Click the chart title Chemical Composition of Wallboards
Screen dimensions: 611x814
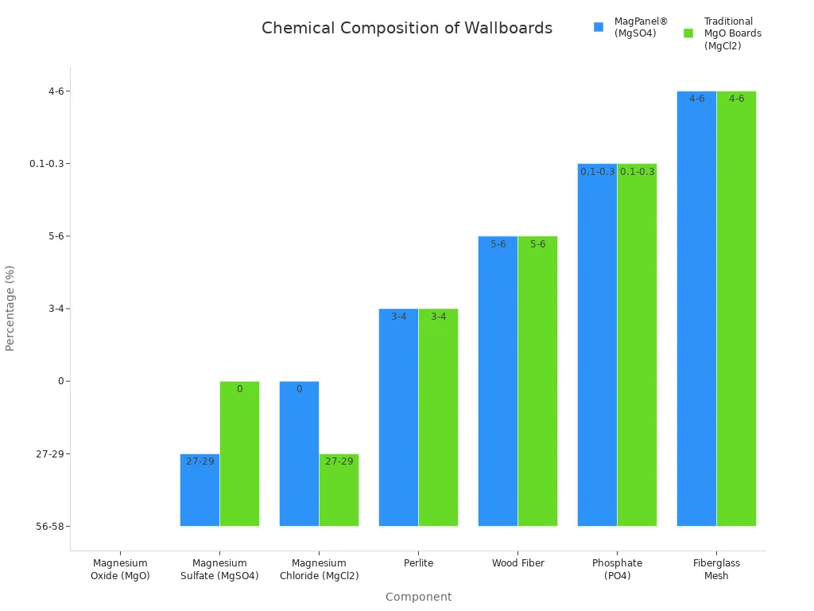click(406, 29)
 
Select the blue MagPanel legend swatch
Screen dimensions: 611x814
click(599, 27)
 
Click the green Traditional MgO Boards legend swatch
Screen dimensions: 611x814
click(688, 33)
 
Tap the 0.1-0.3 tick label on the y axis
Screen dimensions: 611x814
click(49, 164)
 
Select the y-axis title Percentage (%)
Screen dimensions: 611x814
click(10, 308)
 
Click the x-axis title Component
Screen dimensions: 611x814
click(418, 597)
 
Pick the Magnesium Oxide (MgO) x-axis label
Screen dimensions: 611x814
click(120, 570)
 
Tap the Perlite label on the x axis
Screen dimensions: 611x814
click(418, 563)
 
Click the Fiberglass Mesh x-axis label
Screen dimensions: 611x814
click(716, 570)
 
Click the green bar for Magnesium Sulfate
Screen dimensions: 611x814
click(239, 453)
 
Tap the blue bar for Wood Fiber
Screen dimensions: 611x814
click(498, 381)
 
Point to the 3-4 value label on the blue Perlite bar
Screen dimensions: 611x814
click(398, 317)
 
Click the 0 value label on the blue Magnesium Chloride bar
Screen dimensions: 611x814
click(299, 389)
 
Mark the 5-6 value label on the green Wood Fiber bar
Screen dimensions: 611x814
click(538, 244)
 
